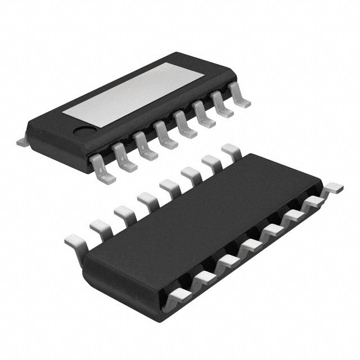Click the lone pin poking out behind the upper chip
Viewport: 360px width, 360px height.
(x=22, y=142)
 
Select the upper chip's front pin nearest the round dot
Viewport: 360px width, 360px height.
(x=103, y=168)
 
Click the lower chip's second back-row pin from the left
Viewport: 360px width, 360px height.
(x=100, y=227)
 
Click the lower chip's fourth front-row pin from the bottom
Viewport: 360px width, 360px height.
(x=250, y=245)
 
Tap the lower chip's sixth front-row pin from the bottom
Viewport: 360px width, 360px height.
(x=294, y=216)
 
